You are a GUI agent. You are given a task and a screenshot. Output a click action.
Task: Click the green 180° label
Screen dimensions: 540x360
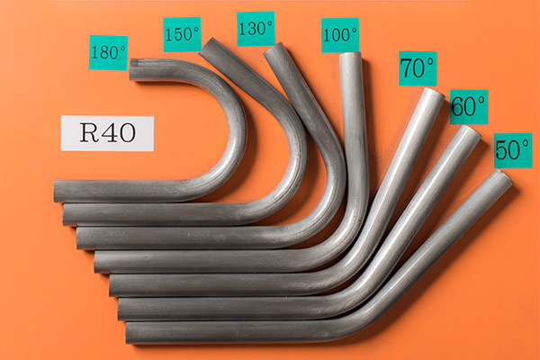pos(108,53)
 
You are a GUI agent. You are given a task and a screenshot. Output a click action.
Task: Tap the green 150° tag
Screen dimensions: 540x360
pos(182,34)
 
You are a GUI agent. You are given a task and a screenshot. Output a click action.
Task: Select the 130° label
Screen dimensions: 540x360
pos(256,29)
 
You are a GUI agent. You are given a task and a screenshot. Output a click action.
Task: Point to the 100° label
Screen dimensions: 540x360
pos(340,35)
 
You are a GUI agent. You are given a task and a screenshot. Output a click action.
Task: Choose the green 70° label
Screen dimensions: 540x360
pos(418,68)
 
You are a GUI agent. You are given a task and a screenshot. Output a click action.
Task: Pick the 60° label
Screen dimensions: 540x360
pos(469,107)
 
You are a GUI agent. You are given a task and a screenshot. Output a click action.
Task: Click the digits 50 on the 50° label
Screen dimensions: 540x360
pos(507,150)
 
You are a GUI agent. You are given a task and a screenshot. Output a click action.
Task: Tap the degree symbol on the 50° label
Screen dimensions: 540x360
pos(525,144)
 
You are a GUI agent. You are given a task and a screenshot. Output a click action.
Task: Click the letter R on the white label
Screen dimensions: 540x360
pos(89,132)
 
